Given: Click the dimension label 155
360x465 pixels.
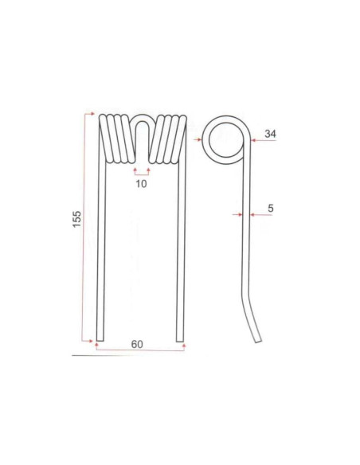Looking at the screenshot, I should [76, 221].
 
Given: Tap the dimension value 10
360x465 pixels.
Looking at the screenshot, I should [141, 184].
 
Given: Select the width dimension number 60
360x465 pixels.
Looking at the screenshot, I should [138, 344].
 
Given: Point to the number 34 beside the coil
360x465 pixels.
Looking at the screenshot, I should [270, 135].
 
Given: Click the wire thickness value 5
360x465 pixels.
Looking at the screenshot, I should [271, 209].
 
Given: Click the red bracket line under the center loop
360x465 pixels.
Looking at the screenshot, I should [141, 170].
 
